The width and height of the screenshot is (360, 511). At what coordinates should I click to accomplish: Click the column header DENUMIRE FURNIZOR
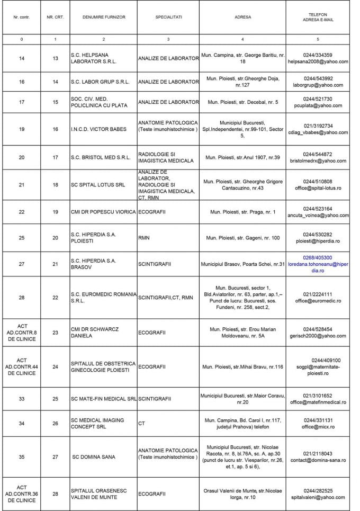coord(104,17)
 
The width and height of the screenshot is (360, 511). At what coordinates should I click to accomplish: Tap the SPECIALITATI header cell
coord(168,17)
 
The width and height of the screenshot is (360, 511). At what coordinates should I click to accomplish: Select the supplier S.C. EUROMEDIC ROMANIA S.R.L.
coord(104,298)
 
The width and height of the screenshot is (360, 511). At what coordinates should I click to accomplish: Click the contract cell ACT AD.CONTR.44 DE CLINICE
coord(22,366)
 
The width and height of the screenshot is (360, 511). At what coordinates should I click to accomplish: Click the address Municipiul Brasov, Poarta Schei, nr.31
coord(243,264)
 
